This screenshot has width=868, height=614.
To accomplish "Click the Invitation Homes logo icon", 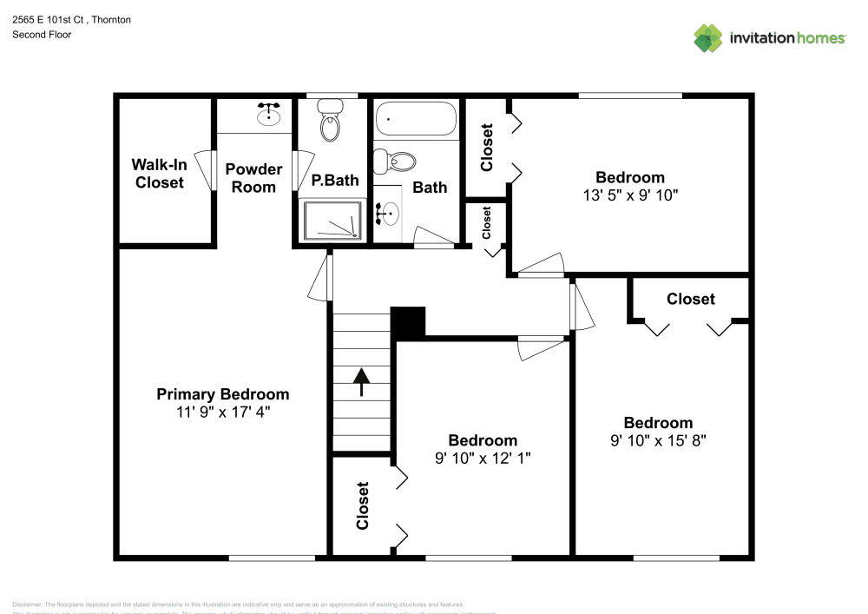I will (x=708, y=37).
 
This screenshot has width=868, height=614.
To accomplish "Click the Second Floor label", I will (x=42, y=35).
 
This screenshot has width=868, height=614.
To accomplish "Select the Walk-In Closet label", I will (x=158, y=173).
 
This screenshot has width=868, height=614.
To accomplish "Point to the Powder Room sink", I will (x=268, y=113).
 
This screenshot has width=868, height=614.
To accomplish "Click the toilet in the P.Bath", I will (x=329, y=122).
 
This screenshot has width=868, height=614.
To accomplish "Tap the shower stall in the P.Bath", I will (x=331, y=220).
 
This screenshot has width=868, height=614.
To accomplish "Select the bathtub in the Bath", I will (x=416, y=119).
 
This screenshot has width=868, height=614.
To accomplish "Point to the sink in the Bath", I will (x=389, y=210).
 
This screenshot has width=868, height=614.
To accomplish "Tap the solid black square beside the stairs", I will (x=408, y=322).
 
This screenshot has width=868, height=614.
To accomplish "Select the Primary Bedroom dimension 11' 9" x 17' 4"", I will (x=223, y=413).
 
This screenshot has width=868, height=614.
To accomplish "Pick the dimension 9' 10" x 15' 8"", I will (x=658, y=440).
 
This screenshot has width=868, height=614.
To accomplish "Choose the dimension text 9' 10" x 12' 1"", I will (x=483, y=458).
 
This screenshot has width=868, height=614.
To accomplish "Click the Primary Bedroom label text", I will (x=223, y=394).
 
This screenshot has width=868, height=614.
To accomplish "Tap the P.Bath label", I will (x=335, y=181).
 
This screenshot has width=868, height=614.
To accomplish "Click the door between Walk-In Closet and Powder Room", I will (x=207, y=169).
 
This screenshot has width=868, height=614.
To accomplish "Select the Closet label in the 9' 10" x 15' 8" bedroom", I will (x=691, y=299).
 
